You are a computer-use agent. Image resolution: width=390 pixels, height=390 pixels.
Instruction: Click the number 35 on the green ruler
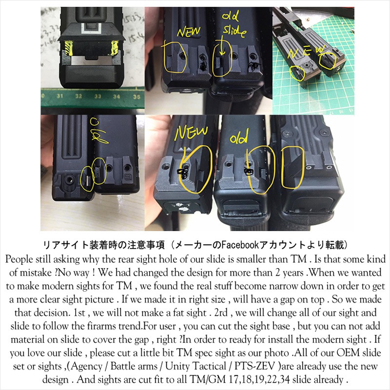tap(136, 97)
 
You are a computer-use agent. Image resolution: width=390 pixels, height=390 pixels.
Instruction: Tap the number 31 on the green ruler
tap(60, 97)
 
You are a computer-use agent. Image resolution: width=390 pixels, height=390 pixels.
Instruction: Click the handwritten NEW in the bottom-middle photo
tap(191, 133)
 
